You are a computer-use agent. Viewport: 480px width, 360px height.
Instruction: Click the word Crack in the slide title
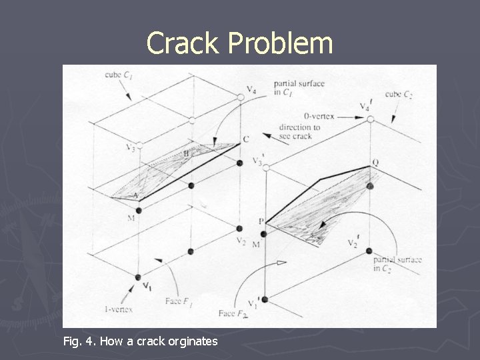(182, 43)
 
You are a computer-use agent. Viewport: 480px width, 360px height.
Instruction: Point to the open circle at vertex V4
(241, 97)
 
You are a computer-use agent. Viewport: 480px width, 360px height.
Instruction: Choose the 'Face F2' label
(232, 312)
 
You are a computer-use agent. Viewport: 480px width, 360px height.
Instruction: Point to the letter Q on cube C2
(375, 162)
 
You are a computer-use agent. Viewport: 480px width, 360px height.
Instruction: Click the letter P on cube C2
(261, 221)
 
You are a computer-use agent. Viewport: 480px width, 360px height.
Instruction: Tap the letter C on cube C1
(246, 139)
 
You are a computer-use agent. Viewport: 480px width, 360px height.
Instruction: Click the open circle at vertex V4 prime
(370, 119)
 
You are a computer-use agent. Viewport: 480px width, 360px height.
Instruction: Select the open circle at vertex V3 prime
(266, 168)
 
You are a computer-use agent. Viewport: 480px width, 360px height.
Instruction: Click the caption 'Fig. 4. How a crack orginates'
(140, 341)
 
